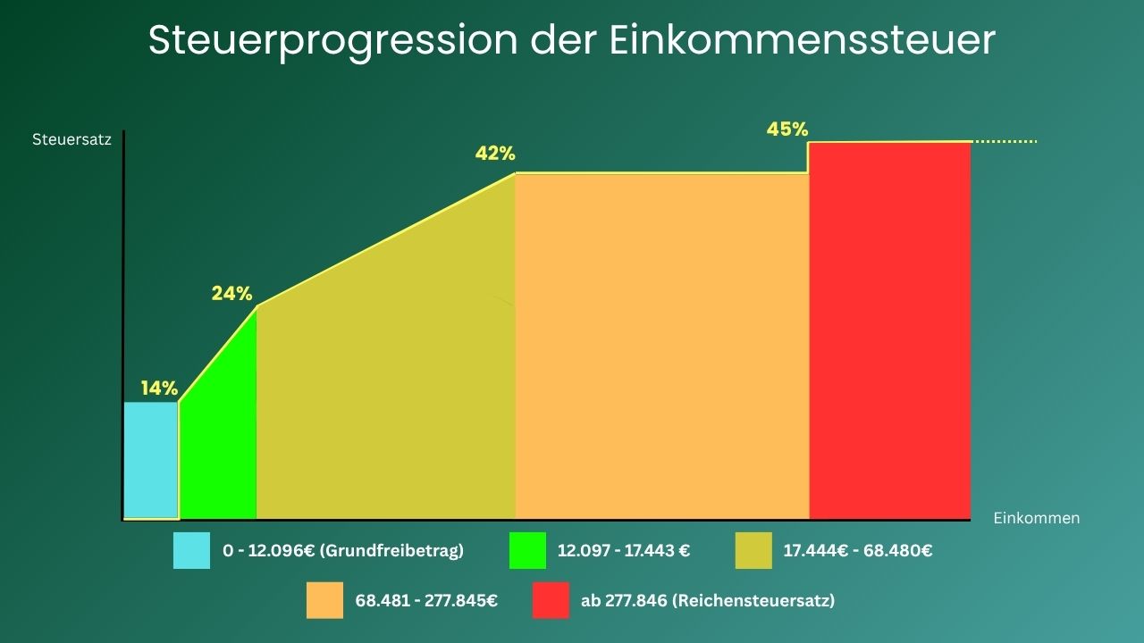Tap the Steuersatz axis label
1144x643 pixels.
click(71, 140)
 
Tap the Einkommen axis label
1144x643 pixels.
click(1036, 518)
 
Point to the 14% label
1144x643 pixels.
click(159, 388)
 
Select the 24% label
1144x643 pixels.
click(231, 293)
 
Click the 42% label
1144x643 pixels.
click(495, 154)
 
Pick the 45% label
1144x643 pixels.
click(786, 129)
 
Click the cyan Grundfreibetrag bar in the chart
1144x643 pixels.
click(151, 460)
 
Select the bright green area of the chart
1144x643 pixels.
click(223, 447)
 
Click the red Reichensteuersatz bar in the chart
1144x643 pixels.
click(889, 330)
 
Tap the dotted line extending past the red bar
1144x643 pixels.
click(1005, 141)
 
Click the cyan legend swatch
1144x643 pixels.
click(192, 551)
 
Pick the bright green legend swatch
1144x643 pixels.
click(527, 551)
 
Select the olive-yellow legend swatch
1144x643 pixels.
click(753, 551)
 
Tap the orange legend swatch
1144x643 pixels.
click(324, 600)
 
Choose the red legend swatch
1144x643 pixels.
click(551, 600)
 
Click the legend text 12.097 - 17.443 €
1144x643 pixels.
click(623, 551)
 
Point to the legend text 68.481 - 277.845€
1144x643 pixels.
click(426, 601)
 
